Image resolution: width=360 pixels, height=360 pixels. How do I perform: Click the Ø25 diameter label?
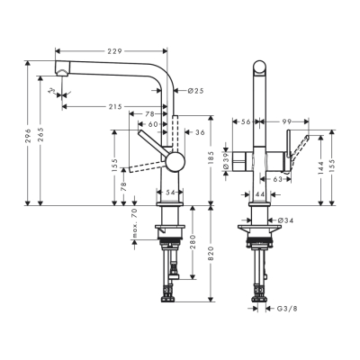[197, 90]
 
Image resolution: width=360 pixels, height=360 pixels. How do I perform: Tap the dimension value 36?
[199, 132]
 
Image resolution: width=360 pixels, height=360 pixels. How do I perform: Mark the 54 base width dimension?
[172, 193]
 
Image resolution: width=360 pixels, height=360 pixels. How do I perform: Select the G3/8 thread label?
[284, 308]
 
